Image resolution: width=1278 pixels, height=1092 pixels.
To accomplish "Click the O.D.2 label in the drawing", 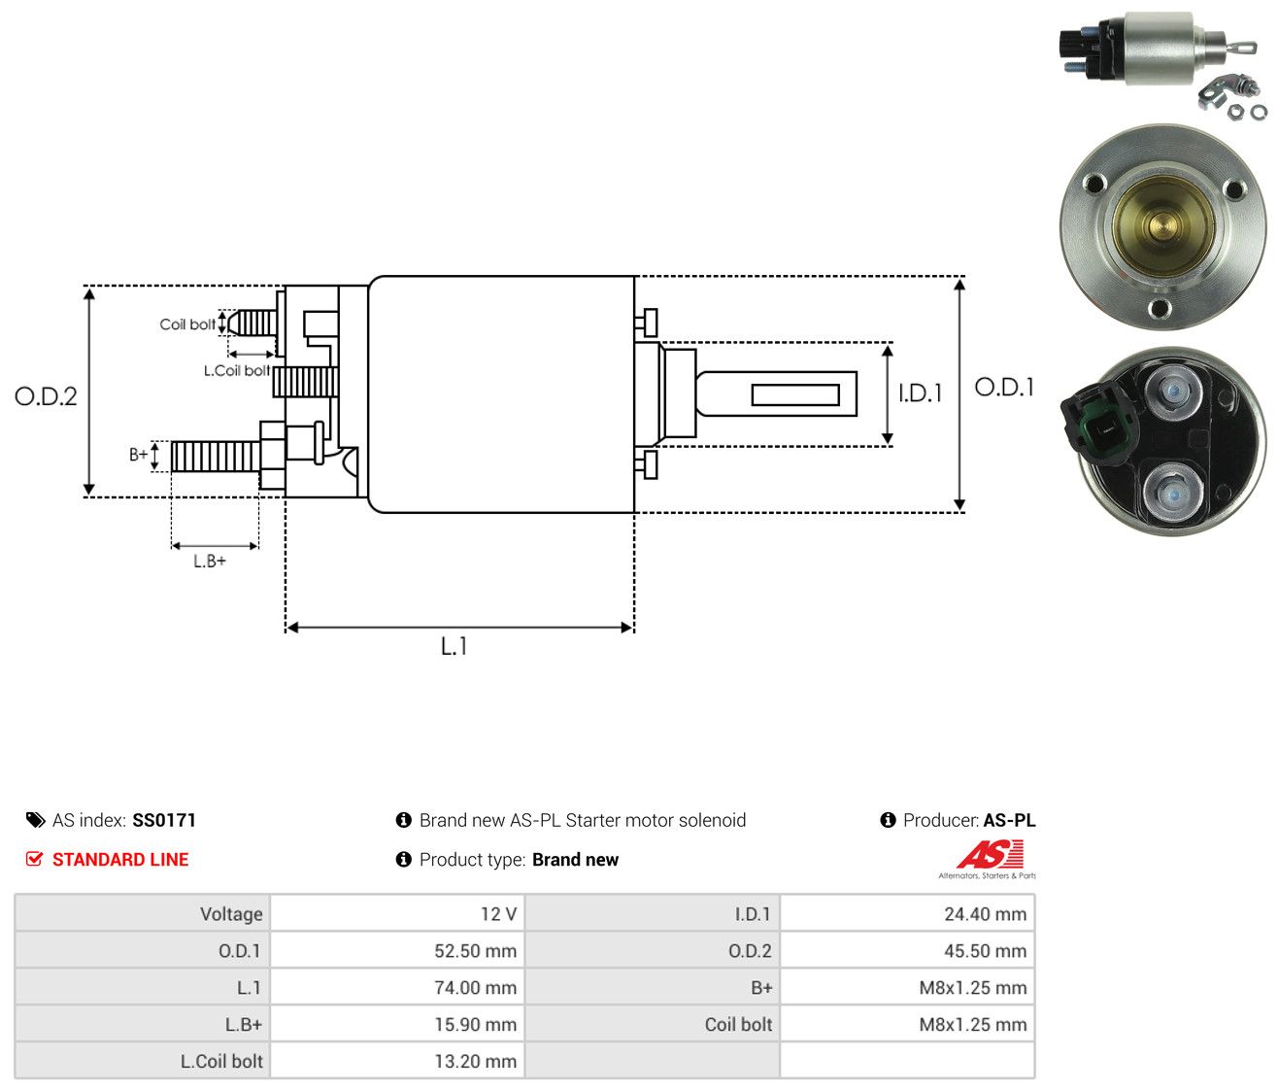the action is tap(46, 396).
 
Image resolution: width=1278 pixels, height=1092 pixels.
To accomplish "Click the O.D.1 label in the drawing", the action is tap(1004, 388).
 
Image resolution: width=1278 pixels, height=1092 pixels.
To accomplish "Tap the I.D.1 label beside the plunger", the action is tap(920, 392).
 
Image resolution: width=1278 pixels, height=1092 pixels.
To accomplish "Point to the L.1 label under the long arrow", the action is tap(454, 646).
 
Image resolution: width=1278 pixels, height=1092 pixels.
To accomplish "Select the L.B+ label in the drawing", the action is tap(210, 562).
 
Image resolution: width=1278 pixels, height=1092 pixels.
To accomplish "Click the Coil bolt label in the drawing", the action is tap(187, 324).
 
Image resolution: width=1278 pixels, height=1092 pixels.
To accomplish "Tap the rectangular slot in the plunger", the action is tap(795, 394).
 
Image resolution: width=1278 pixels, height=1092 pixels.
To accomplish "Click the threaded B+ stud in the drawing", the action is tap(216, 457).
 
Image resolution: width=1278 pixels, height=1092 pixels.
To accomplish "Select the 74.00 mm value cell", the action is tap(397, 987).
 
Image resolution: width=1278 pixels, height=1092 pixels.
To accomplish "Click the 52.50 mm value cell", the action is tap(397, 951).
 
